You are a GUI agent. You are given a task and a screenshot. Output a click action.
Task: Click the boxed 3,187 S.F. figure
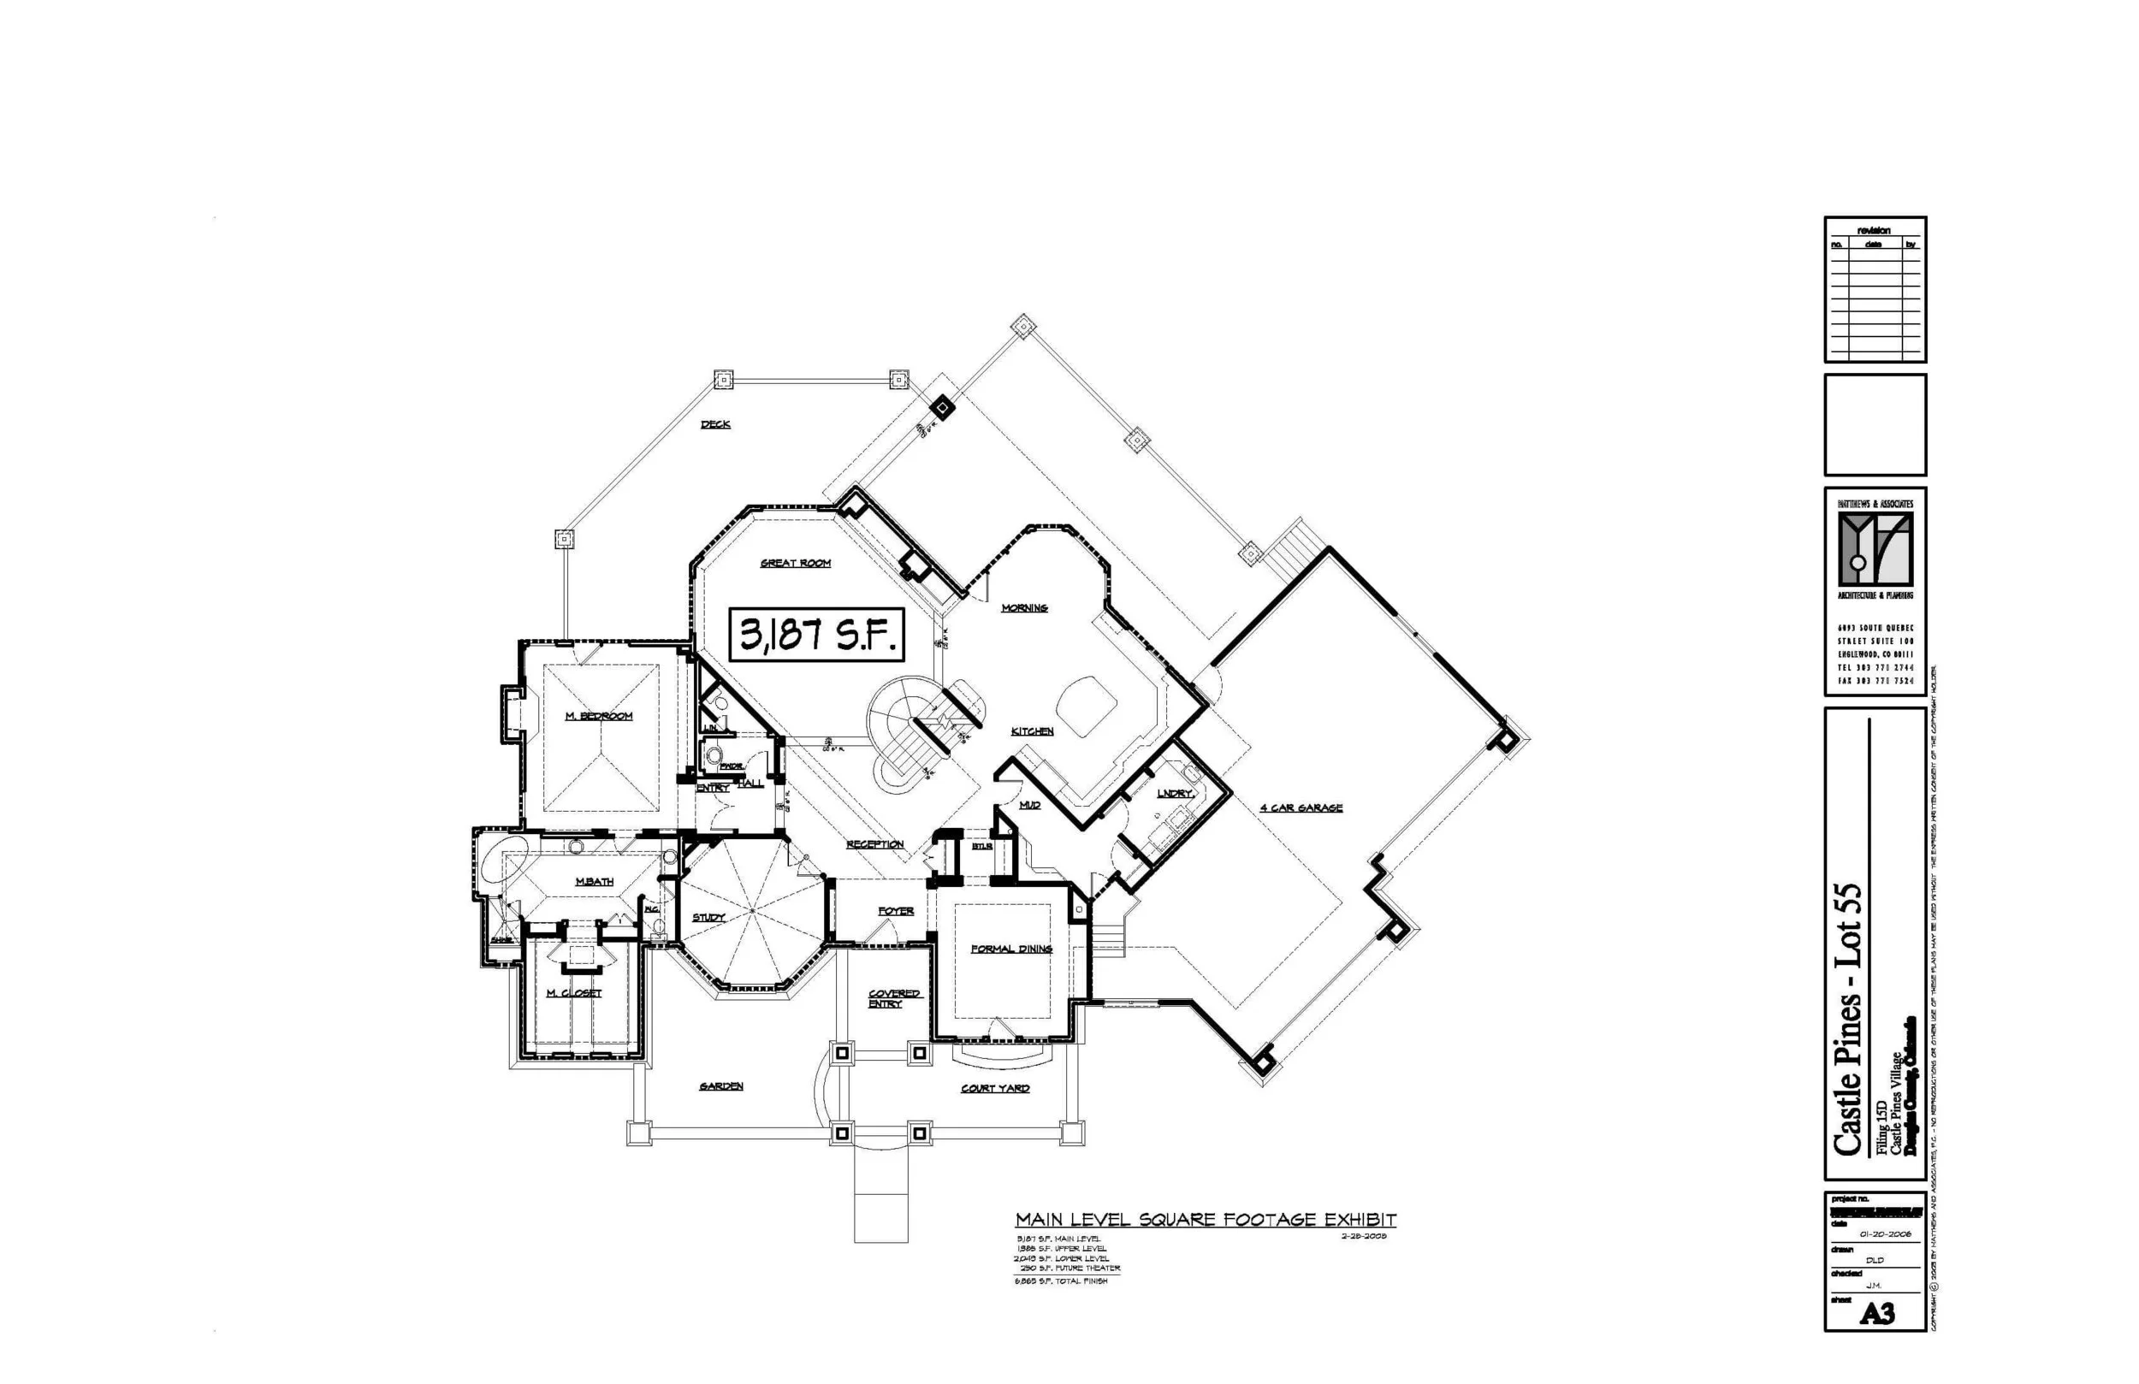point(816,636)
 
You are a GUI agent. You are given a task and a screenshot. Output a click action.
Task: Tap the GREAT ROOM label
point(796,564)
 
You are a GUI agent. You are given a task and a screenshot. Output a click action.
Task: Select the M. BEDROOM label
point(599,716)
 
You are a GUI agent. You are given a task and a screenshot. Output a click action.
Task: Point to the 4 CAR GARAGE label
point(1301,808)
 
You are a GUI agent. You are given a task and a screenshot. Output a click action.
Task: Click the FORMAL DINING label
point(1011,948)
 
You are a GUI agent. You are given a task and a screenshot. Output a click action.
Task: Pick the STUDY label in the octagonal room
point(708,918)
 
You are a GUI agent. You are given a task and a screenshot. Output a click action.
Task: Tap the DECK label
point(715,424)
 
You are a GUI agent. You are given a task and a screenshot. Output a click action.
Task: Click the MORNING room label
point(1024,608)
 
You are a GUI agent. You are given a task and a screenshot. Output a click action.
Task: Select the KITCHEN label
point(1032,731)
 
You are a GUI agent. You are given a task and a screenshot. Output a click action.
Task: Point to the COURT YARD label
point(995,1088)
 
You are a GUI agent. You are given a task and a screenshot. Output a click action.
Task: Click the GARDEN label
point(720,1086)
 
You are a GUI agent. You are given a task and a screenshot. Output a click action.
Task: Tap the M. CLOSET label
point(573,993)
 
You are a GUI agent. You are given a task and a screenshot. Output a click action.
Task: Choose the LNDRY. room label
point(1175,794)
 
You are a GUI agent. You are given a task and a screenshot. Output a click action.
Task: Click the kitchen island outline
point(1086,707)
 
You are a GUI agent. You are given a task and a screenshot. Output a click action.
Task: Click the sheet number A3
point(1876,1314)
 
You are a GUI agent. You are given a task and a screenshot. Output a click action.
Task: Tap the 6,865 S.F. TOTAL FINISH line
point(1060,1280)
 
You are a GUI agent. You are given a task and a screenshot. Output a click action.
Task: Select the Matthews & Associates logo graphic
point(1875,549)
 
